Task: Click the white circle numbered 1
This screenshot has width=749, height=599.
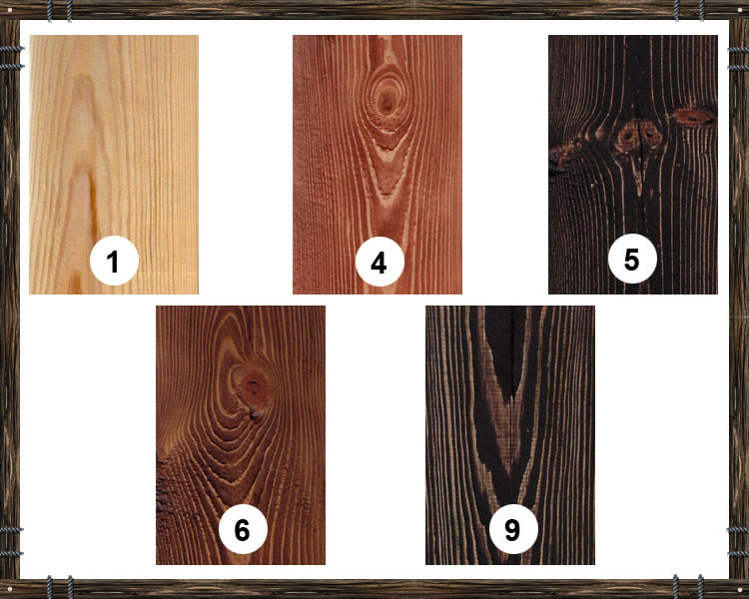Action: pyautogui.click(x=114, y=261)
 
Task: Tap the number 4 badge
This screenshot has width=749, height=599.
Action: pyautogui.click(x=379, y=262)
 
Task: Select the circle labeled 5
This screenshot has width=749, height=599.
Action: pyautogui.click(x=632, y=259)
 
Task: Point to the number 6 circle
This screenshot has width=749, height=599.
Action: pyautogui.click(x=243, y=529)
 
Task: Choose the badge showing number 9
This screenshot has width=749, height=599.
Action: pyautogui.click(x=513, y=529)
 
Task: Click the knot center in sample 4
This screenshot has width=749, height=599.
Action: pyautogui.click(x=385, y=101)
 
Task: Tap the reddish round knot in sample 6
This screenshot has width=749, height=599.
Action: pyautogui.click(x=254, y=388)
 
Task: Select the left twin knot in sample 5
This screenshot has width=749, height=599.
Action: pyautogui.click(x=627, y=135)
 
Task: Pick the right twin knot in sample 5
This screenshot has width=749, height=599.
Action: pyautogui.click(x=650, y=133)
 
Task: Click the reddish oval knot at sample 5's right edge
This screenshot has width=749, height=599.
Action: pyautogui.click(x=694, y=116)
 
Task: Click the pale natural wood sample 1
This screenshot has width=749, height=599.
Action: pyautogui.click(x=114, y=165)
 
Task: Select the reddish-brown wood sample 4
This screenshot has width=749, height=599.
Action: pyautogui.click(x=377, y=165)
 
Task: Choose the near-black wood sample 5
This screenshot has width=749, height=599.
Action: pyautogui.click(x=633, y=165)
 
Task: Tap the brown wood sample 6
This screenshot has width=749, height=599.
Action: pyautogui.click(x=241, y=435)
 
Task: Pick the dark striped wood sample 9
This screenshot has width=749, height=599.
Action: pyautogui.click(x=510, y=435)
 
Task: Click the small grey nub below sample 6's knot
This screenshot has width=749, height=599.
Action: pyautogui.click(x=255, y=413)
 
